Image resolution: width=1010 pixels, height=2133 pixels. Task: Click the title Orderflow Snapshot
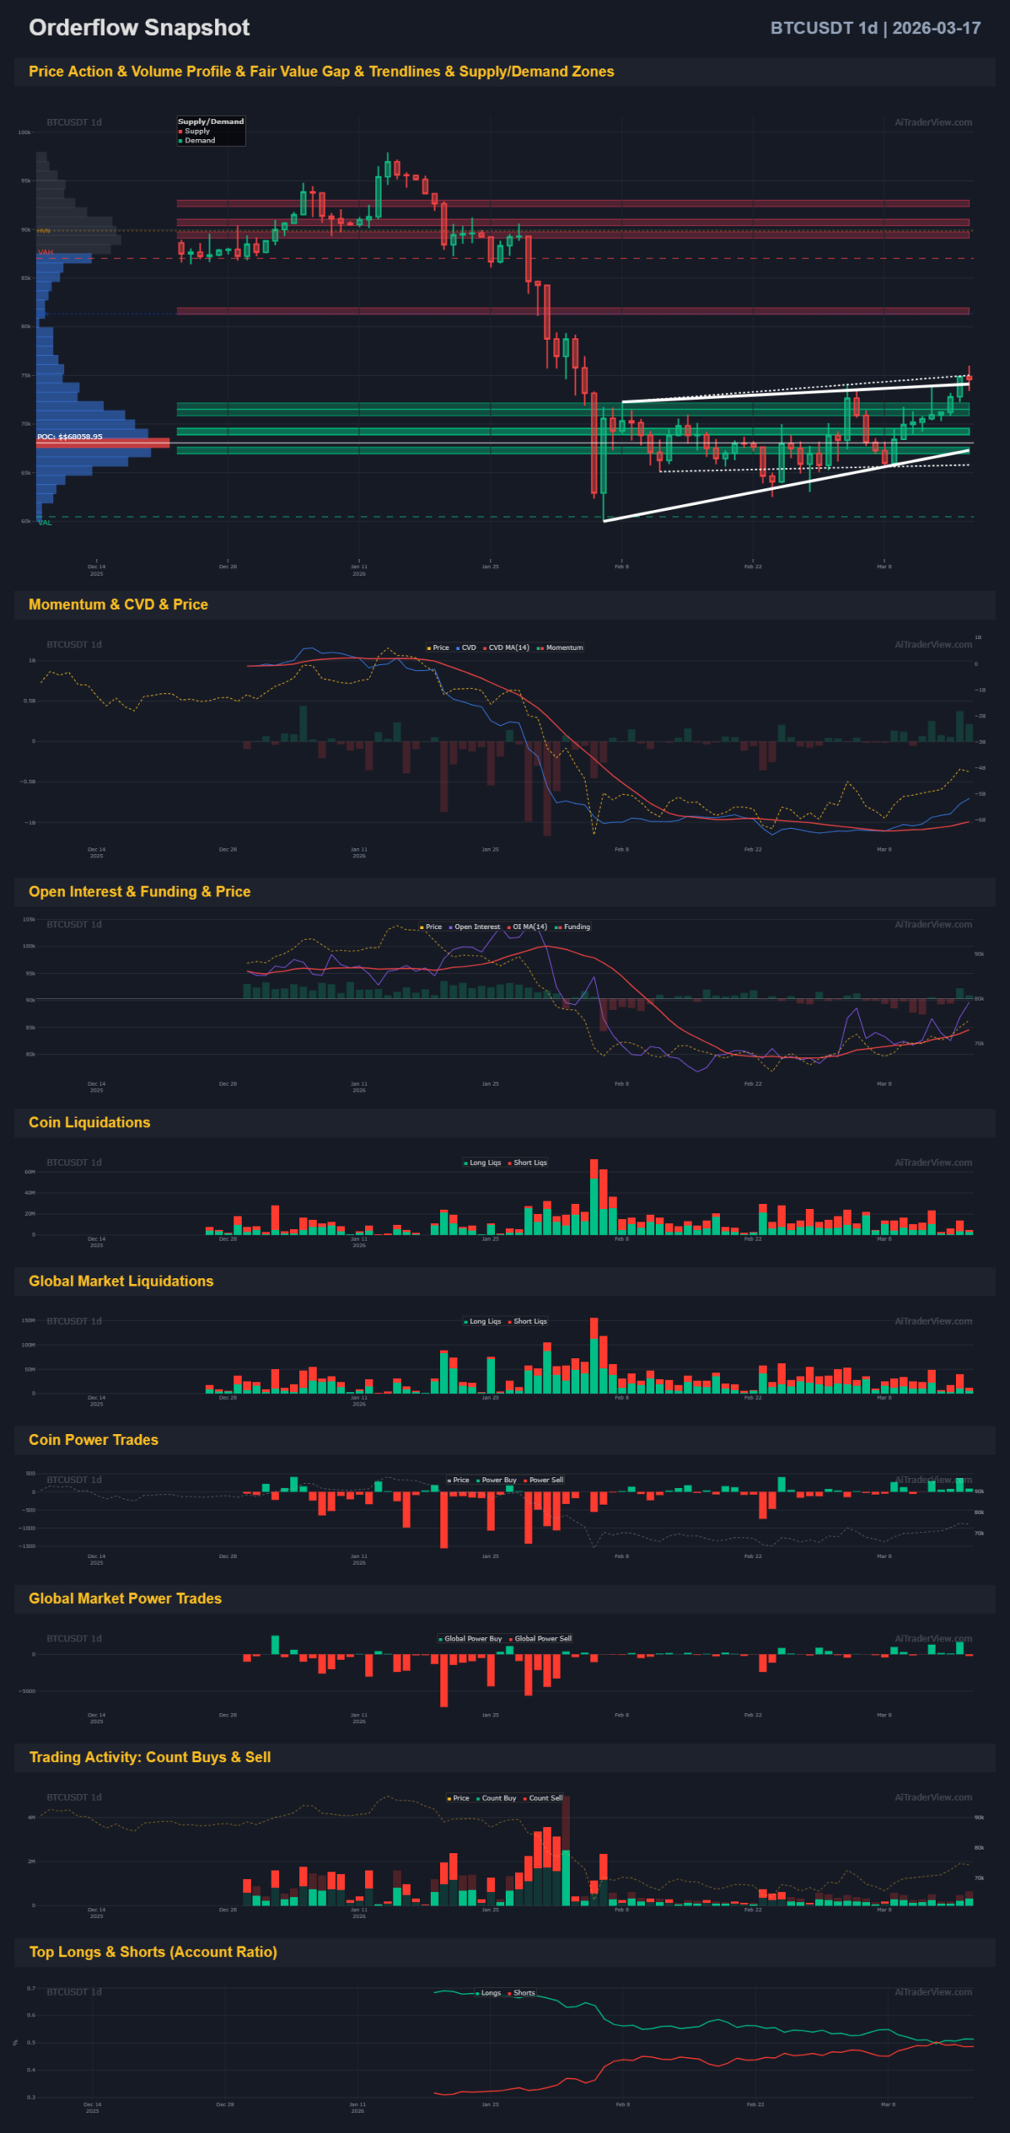139,27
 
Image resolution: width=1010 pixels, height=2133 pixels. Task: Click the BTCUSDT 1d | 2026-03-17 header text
874,28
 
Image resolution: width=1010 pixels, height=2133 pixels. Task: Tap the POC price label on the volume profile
70,437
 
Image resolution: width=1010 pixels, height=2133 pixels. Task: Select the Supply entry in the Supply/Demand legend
197,131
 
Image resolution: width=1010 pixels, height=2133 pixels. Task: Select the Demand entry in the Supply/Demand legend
200,140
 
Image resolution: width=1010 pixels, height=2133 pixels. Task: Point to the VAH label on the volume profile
45,252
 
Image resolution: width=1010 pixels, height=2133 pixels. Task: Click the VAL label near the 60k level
45,522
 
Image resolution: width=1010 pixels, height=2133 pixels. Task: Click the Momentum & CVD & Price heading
118,604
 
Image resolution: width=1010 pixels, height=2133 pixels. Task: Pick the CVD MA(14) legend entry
508,647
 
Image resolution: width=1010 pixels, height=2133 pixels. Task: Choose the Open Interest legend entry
477,927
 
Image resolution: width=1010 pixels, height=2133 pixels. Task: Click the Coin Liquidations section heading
89,1122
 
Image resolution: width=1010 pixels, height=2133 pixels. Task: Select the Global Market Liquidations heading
121,1281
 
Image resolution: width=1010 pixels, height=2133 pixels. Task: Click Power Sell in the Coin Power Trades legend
546,1480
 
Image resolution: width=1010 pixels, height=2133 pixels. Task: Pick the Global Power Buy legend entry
472,1638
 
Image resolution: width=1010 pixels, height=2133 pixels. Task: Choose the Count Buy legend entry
498,1798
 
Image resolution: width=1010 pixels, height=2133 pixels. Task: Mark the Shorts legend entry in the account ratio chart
524,1993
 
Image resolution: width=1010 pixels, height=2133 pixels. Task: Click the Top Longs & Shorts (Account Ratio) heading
152,1951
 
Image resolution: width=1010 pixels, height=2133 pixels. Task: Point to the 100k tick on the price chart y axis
25,132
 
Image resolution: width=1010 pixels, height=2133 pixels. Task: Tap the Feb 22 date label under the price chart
752,567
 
